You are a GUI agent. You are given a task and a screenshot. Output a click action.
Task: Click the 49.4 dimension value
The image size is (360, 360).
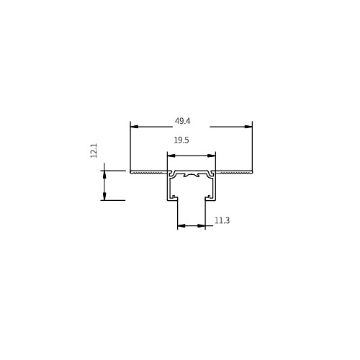coord(182,121)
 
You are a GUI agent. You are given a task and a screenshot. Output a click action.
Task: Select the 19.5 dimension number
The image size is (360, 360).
coord(181,140)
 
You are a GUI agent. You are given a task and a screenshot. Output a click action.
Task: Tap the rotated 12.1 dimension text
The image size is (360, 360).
coord(94,150)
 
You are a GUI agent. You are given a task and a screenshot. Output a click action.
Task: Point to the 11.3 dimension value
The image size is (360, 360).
coord(222,220)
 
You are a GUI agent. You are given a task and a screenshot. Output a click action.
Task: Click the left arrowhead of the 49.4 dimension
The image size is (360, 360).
coord(135,127)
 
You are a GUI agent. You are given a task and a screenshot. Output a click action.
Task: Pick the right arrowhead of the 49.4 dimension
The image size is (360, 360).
coord(248,127)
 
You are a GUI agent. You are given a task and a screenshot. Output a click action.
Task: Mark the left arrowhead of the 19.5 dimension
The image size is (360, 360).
coord(171,156)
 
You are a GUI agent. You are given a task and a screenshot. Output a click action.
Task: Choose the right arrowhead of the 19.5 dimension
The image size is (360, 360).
coord(211,156)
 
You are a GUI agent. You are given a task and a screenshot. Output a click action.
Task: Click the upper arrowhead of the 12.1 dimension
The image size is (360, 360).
coord(104,174)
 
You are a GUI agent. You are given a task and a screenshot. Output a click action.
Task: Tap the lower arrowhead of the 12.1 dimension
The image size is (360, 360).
coord(104,196)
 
